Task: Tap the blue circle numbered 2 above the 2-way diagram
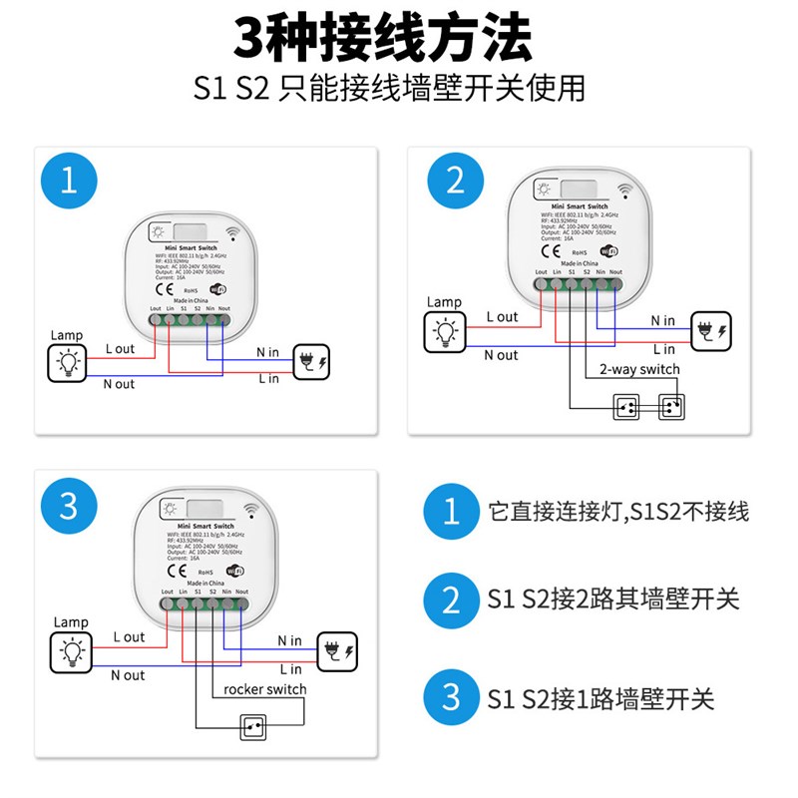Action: point(455,181)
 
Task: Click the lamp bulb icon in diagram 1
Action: point(69,364)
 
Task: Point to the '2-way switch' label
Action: point(639,369)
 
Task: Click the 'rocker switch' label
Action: point(265,689)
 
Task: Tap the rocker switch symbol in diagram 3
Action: point(253,729)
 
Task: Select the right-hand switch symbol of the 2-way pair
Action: point(671,407)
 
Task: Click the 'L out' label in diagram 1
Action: point(120,348)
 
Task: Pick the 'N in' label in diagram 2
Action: point(662,320)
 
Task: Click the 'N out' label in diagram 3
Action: point(128,675)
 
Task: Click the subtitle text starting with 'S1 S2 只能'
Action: point(390,88)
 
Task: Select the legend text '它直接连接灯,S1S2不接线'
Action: point(618,512)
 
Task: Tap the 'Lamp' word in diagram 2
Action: point(445,302)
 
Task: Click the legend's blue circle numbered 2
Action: point(451,600)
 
